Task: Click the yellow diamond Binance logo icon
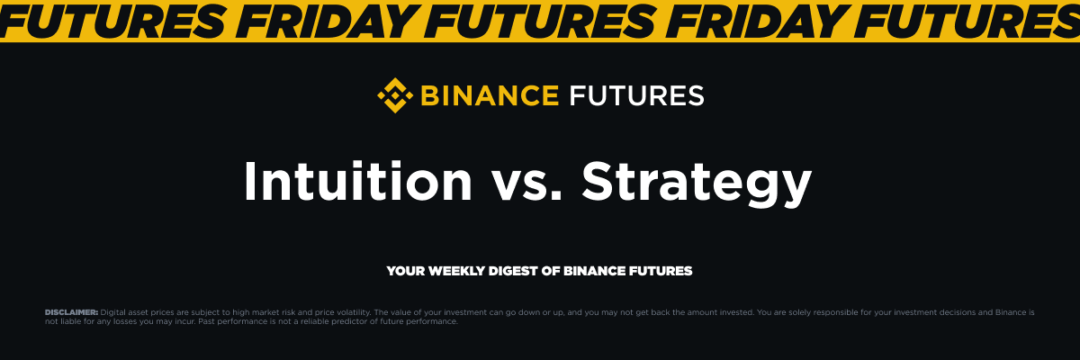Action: point(394,94)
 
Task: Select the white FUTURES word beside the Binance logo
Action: point(636,94)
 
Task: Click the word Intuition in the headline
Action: point(358,182)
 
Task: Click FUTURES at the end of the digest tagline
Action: point(665,271)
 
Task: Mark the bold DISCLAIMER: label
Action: point(71,311)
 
